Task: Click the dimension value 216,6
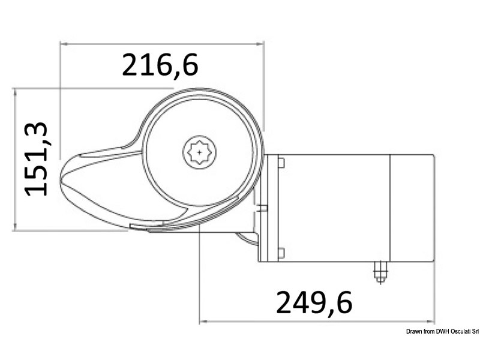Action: point(160,65)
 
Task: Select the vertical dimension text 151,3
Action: point(37,158)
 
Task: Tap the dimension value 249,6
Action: point(314,302)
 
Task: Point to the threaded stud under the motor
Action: point(379,272)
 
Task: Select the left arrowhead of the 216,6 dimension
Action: point(63,44)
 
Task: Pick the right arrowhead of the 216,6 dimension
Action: point(261,44)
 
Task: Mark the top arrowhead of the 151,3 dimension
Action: point(14,91)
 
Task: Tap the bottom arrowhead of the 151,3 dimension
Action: point(14,227)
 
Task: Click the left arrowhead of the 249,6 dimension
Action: point(202,322)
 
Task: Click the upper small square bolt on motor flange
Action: point(280,162)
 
